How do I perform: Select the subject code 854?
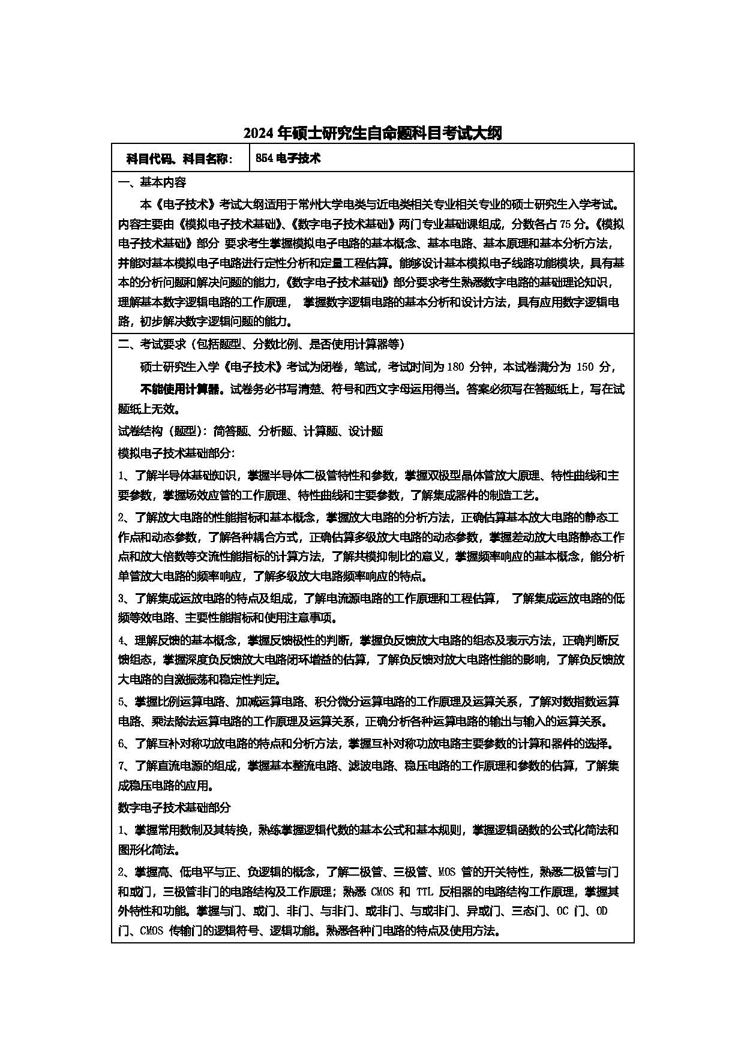[264, 158]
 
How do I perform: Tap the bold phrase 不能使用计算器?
[182, 389]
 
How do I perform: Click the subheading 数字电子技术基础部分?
[174, 808]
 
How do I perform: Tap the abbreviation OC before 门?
[562, 912]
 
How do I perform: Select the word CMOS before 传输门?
[151, 931]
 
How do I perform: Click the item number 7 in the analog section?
[121, 766]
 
